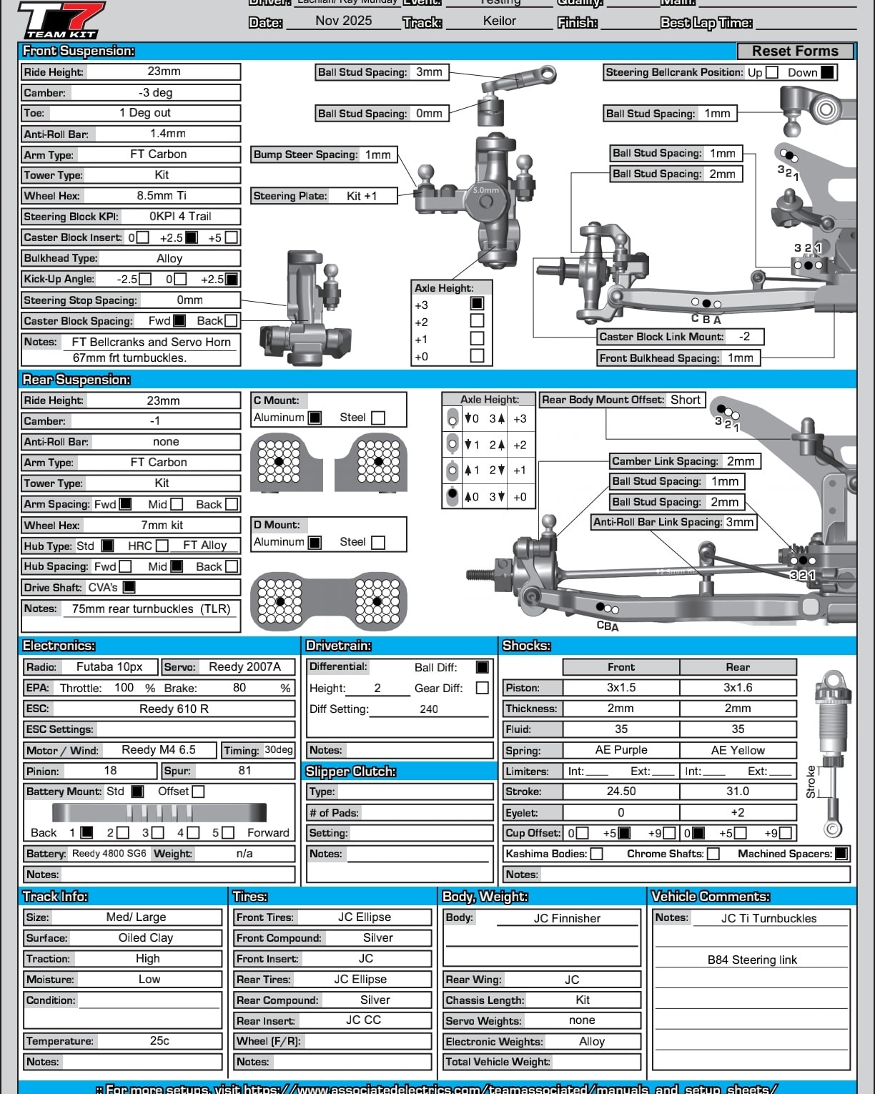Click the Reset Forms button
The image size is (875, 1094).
795,51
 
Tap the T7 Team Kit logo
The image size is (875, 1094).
61,19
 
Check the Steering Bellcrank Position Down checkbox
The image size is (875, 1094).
827,72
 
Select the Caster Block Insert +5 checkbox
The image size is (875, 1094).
231,237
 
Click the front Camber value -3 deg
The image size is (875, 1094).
155,92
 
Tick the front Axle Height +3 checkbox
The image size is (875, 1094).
477,304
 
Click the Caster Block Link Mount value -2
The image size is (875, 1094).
744,336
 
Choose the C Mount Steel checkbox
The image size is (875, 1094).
379,418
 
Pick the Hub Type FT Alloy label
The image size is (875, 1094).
204,546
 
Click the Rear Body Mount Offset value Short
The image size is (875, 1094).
685,400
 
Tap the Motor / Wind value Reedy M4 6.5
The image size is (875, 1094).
159,749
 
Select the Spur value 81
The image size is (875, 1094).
244,770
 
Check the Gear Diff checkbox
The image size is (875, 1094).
483,688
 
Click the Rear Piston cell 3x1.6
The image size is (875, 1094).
738,688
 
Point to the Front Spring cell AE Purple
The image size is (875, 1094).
621,750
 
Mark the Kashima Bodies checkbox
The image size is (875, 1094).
596,854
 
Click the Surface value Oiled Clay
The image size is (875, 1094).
146,938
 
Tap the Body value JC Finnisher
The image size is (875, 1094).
567,918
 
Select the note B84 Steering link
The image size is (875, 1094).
752,960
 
